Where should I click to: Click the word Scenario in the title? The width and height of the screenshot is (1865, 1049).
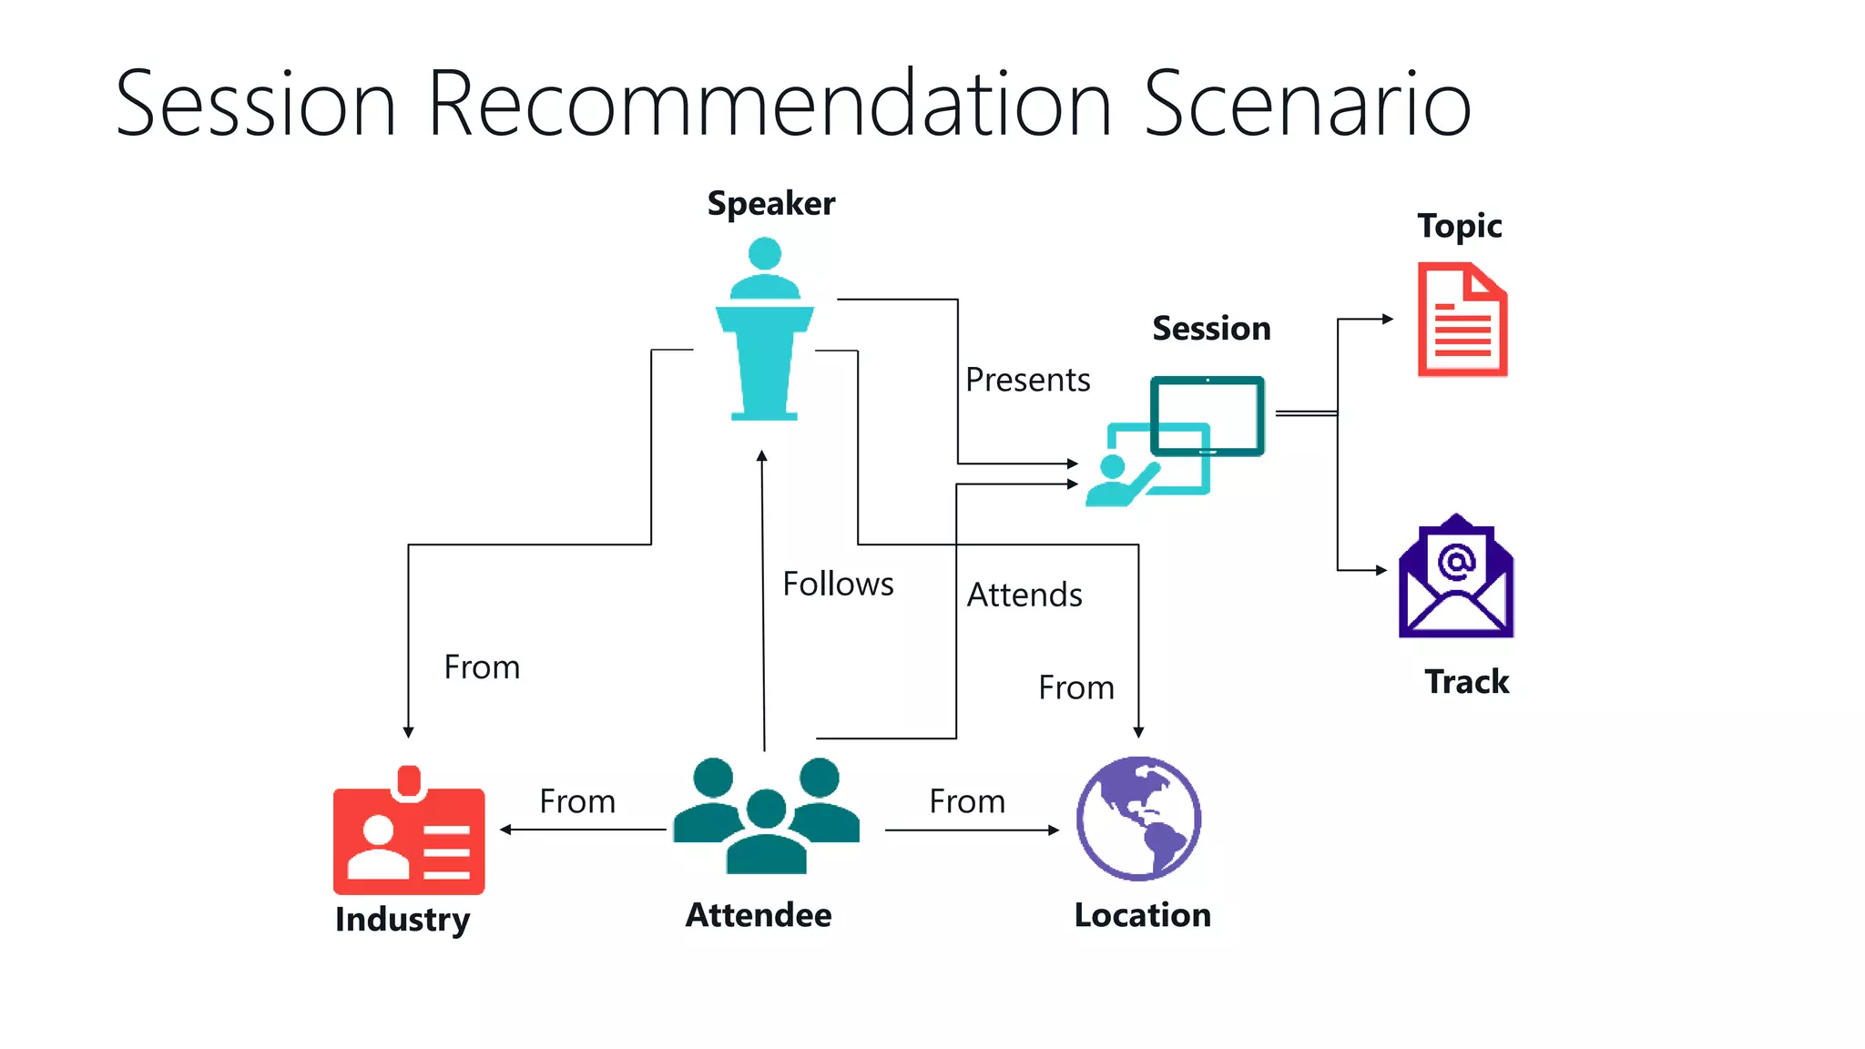[1307, 105]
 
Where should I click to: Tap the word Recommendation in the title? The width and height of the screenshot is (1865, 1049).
[769, 105]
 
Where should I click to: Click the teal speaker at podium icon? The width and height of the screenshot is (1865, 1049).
[765, 330]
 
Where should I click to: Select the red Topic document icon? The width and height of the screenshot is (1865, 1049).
[1462, 320]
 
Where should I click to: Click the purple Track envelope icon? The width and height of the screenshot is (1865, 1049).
[1456, 577]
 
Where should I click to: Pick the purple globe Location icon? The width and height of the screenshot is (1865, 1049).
[1138, 819]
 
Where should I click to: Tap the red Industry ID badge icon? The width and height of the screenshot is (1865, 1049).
[409, 833]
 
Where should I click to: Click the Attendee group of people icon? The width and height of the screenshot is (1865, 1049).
[766, 816]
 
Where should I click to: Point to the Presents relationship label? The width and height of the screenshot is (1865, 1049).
[1027, 380]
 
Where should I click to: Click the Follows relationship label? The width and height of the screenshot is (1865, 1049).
[838, 584]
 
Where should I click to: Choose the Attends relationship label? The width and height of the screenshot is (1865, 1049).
[1024, 596]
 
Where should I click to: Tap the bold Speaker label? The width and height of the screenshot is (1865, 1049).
[770, 204]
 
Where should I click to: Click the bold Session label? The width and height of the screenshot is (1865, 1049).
[1211, 329]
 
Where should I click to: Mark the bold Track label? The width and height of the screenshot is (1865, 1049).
[1466, 682]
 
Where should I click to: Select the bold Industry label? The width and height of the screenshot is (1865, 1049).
[403, 920]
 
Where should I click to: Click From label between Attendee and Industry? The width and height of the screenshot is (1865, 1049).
[577, 802]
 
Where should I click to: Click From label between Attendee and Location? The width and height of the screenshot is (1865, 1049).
[967, 802]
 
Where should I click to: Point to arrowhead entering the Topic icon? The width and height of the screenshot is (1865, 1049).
[1388, 319]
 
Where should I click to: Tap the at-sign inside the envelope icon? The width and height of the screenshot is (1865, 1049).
[1456, 561]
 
